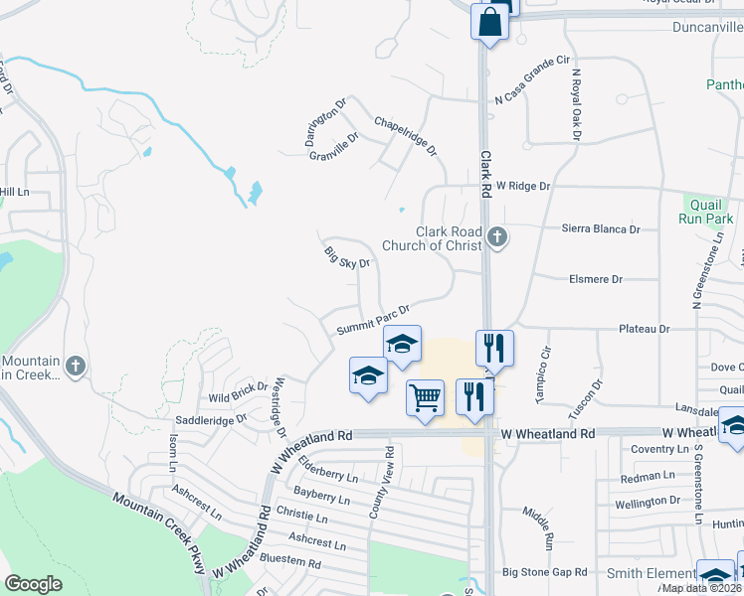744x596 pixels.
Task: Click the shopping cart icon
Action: pos(426,397)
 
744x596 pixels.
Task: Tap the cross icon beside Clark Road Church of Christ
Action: pos(498,237)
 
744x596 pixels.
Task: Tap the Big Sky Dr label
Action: pos(347,257)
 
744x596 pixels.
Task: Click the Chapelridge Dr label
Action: pos(405,136)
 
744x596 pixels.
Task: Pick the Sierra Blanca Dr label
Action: pos(601,228)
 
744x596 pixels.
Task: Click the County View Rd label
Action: pos(381,481)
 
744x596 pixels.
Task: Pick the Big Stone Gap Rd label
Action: pos(545,572)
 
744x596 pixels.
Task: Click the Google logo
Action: pos(33,584)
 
